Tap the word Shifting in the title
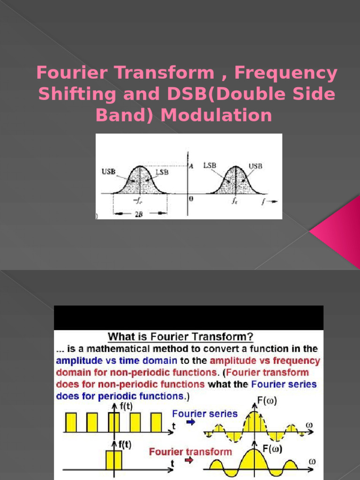(x=75, y=94)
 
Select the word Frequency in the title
(x=285, y=73)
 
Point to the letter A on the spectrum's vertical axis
(x=191, y=165)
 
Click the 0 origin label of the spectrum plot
(x=191, y=198)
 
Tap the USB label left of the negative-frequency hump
(x=109, y=172)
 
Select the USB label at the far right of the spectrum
(x=255, y=166)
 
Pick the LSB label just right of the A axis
(x=210, y=166)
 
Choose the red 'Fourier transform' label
(x=190, y=452)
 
